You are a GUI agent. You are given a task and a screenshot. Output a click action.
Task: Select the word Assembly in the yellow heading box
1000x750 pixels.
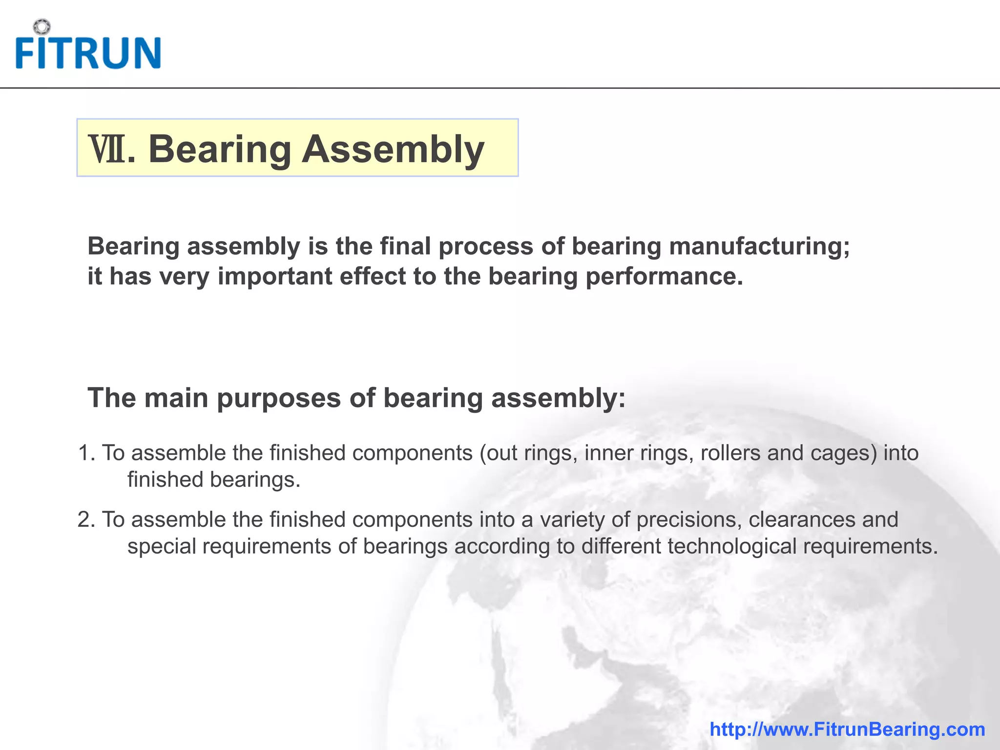393,149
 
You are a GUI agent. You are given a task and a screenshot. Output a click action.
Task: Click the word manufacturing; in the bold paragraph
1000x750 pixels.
759,246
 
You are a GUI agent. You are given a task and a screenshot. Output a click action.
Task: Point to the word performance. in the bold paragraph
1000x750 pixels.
664,276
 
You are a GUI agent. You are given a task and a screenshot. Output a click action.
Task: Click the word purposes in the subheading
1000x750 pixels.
279,397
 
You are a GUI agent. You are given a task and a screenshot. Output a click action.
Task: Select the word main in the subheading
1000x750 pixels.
176,397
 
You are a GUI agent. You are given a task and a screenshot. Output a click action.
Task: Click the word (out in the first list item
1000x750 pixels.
498,453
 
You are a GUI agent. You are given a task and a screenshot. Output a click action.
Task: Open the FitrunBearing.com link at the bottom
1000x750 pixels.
847,729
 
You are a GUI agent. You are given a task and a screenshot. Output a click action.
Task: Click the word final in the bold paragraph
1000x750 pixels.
405,246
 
